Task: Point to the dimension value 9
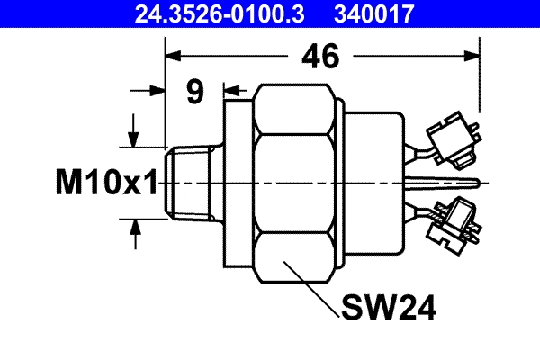[194, 91]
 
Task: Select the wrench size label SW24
[389, 309]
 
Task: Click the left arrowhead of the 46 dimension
[174, 56]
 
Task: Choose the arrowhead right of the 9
[230, 90]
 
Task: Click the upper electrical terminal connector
[451, 140]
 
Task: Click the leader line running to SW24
[310, 288]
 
